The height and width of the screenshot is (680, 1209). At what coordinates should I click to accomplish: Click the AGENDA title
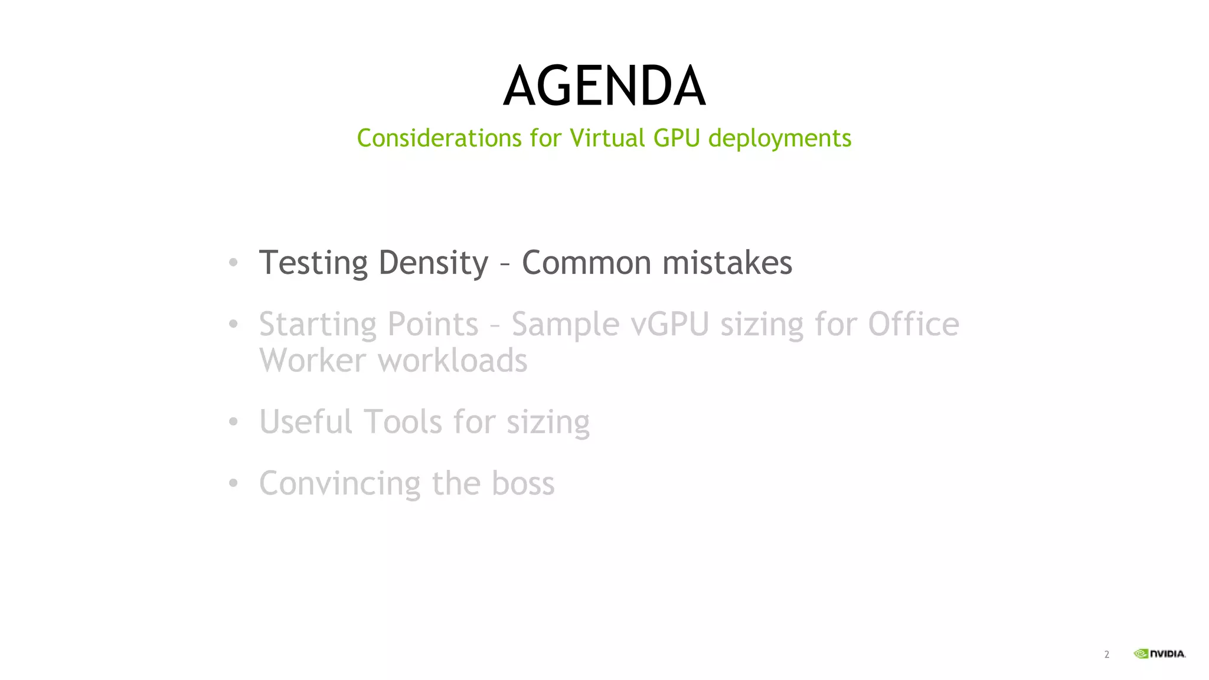[604, 87]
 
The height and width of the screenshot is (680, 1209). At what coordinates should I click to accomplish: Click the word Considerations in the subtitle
[439, 138]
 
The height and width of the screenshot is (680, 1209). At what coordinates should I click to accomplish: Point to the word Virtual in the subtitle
[607, 138]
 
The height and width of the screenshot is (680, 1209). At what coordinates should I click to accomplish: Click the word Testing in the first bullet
[313, 263]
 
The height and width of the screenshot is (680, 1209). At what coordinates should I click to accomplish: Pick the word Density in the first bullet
[433, 263]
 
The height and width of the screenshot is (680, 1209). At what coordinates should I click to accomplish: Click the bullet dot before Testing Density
[233, 263]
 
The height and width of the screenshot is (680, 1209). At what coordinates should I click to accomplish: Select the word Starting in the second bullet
[317, 325]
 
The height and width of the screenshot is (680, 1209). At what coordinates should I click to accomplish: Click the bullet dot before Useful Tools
[233, 422]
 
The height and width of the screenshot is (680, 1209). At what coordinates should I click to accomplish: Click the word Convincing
[339, 484]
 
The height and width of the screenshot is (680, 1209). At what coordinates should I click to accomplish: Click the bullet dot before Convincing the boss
[233, 483]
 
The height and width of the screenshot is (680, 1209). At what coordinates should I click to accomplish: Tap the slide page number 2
[1106, 654]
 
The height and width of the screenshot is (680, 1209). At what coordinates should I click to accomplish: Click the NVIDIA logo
[1159, 653]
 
